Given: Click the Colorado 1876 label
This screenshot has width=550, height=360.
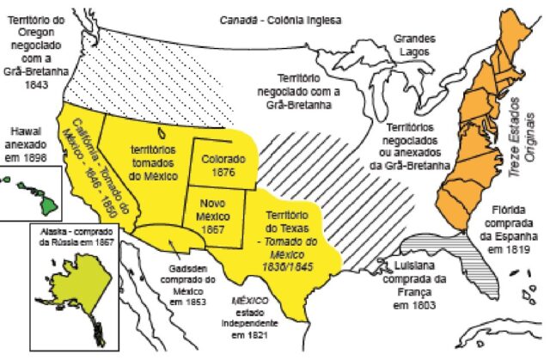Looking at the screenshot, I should (223, 165).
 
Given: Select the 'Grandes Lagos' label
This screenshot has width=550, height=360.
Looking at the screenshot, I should (414, 46).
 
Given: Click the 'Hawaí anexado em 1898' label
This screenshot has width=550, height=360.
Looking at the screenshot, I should (26, 145).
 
